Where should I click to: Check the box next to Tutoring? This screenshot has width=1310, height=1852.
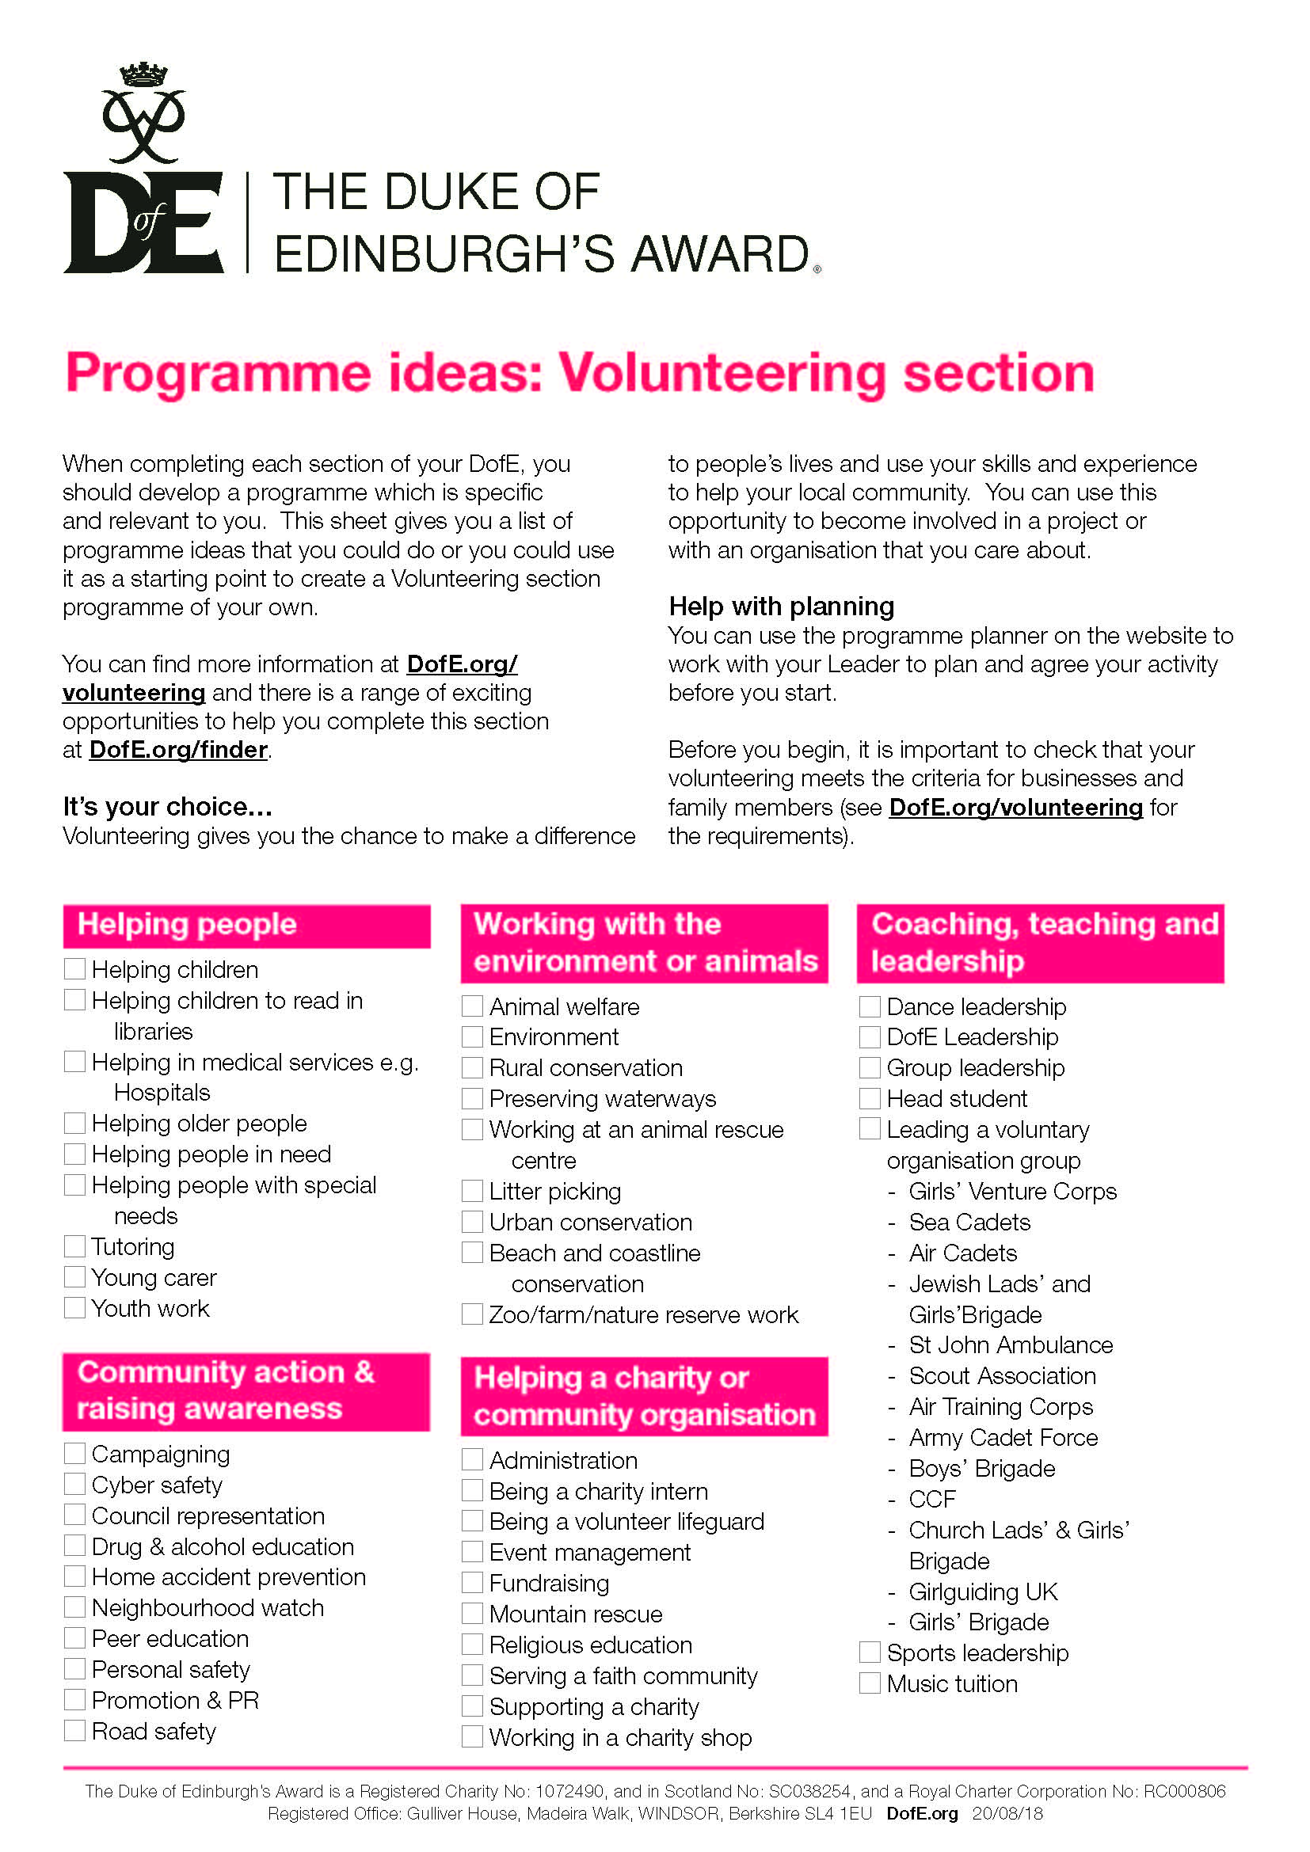[x=74, y=1246]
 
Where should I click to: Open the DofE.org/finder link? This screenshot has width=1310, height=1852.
[x=178, y=749]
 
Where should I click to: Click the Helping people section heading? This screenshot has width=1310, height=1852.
[x=187, y=923]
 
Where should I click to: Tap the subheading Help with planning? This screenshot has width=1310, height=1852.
[x=781, y=606]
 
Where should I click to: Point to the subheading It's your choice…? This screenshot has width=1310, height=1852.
[x=168, y=806]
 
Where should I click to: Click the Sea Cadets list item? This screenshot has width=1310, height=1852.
[x=969, y=1222]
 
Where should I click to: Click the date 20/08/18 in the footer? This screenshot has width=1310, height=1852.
[x=1007, y=1814]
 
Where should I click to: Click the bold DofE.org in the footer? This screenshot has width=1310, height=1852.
[x=921, y=1814]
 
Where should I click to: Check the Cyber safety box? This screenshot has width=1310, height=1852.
[x=74, y=1484]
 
